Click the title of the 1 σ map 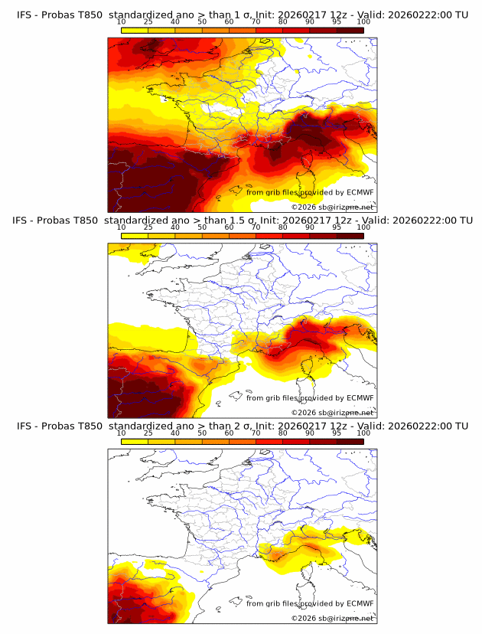tap(241, 15)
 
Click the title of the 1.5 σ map tap(241, 221)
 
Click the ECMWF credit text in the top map tap(308, 192)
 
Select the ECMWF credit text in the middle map tap(308, 397)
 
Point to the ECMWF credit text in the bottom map tap(308, 603)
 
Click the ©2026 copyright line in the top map tap(332, 207)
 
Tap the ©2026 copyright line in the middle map tap(332, 412)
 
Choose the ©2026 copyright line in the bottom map tap(332, 618)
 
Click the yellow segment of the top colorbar tap(134, 31)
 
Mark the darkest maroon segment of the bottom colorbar tap(350, 442)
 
